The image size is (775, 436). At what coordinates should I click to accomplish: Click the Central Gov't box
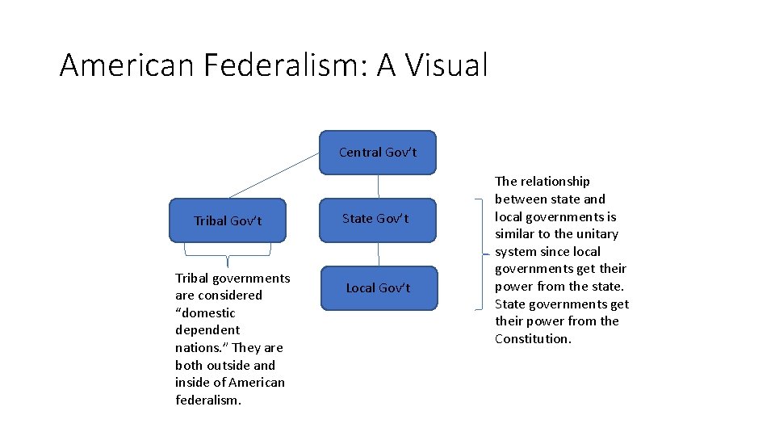(x=377, y=153)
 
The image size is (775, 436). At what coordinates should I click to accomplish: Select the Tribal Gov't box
(x=228, y=220)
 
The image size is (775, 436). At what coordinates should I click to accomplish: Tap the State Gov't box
(x=377, y=219)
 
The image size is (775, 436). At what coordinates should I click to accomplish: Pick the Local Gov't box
(x=379, y=288)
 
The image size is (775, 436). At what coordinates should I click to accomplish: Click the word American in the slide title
(x=127, y=65)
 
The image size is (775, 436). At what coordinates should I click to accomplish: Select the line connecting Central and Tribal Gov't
(x=274, y=175)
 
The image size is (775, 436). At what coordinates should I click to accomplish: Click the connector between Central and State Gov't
(x=378, y=187)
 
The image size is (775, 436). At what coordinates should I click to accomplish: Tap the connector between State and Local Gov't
(x=378, y=254)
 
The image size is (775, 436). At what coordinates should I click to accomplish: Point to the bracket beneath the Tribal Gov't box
(x=228, y=256)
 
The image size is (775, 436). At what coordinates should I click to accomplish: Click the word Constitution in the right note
(x=532, y=339)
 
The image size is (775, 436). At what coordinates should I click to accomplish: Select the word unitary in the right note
(x=597, y=234)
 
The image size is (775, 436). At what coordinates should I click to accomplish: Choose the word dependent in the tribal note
(x=207, y=330)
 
